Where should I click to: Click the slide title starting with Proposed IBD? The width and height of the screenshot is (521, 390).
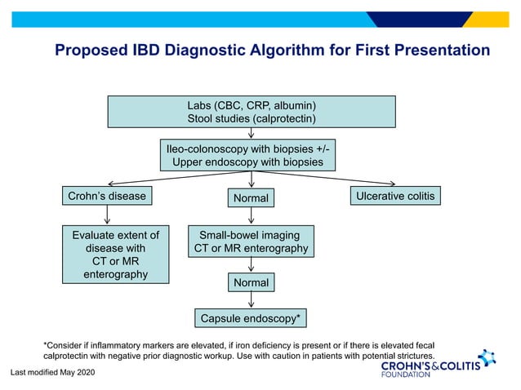point(272,51)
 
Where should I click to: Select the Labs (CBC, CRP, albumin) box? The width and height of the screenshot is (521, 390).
point(252,113)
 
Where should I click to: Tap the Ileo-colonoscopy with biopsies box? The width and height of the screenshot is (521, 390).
point(252,155)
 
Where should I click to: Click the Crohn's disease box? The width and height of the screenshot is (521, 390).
point(105,196)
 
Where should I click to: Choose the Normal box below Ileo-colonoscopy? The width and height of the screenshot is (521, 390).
point(251,198)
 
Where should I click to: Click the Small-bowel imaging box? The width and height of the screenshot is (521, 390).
point(251,242)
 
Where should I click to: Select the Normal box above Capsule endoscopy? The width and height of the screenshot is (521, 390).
point(251,283)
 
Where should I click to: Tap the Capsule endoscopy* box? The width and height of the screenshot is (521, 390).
point(251,317)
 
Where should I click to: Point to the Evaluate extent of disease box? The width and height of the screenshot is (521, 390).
point(116,255)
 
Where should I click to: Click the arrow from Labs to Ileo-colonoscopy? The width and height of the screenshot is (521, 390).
point(252,134)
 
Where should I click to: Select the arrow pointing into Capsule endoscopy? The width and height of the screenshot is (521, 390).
point(251,300)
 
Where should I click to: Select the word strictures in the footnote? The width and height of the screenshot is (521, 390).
point(404,357)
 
